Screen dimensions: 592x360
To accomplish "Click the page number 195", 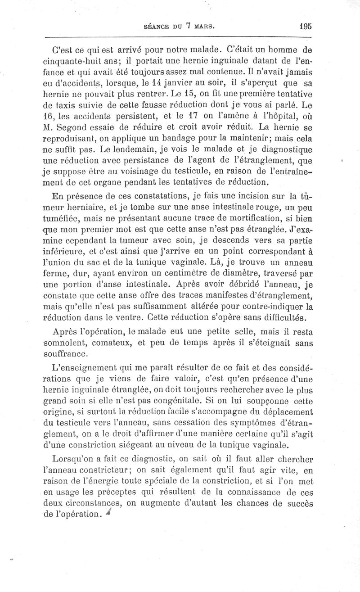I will point(305,26).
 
